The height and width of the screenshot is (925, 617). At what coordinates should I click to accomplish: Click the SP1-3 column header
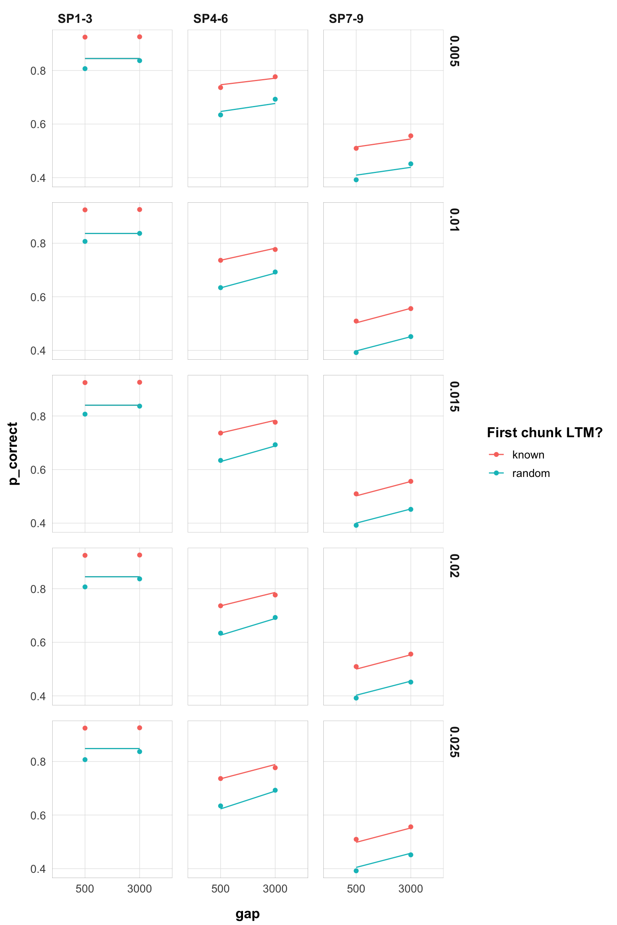pos(75,19)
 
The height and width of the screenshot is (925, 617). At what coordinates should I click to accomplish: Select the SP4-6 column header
pos(210,19)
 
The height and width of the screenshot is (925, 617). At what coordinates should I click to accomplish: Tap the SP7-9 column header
pos(346,19)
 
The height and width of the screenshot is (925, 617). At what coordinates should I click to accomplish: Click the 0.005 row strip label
pos(454,51)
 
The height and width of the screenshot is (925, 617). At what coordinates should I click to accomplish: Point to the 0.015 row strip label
pos(454,397)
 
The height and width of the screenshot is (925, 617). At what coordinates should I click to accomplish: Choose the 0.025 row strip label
pos(454,742)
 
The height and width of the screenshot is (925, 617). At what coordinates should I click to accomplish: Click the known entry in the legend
pos(528,455)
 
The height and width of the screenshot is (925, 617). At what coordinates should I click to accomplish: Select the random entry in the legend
pos(531,473)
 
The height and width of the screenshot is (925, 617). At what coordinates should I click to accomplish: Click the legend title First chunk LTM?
pos(544,432)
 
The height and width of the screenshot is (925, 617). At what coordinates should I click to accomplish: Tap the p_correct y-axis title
pos(13,454)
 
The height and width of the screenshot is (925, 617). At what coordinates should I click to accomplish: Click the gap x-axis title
pos(247,914)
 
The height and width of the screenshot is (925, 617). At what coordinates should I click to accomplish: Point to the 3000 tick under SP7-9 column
pos(411,889)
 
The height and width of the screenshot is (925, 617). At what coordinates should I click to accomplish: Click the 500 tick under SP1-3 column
pos(85,889)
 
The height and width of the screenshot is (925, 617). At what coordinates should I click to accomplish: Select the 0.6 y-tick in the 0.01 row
pos(38,297)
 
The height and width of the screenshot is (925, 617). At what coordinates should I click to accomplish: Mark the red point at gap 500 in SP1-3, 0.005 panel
pos(85,37)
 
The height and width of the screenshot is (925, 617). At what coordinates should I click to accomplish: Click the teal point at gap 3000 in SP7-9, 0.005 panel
pos(411,164)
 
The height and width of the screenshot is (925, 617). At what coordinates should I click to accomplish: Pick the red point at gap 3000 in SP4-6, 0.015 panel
pos(275,422)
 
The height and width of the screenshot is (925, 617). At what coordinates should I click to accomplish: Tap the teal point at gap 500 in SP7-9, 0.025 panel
pos(356,871)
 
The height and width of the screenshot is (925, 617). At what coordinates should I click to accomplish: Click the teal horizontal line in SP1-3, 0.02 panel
pos(112,577)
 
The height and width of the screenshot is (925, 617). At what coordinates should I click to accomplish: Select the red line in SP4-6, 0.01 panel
pos(248,255)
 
